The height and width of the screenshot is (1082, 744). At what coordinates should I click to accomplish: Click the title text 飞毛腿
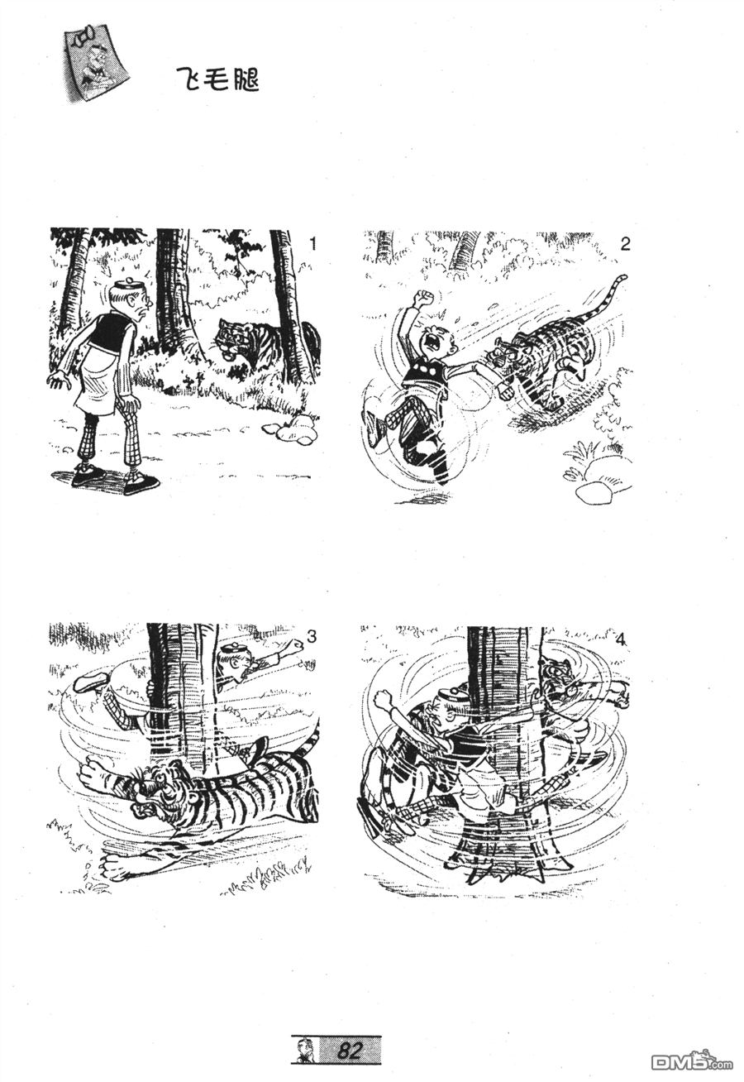click(x=219, y=79)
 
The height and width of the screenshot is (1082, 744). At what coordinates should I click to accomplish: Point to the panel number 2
click(x=625, y=244)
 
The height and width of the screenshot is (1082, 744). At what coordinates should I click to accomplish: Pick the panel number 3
click(x=312, y=637)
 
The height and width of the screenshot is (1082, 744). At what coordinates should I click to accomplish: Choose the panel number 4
click(x=621, y=639)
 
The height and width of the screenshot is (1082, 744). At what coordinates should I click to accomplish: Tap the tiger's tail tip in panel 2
click(x=623, y=278)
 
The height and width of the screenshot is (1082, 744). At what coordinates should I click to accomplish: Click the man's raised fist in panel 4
click(x=384, y=698)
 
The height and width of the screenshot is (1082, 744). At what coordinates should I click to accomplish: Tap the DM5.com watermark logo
click(x=691, y=1061)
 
